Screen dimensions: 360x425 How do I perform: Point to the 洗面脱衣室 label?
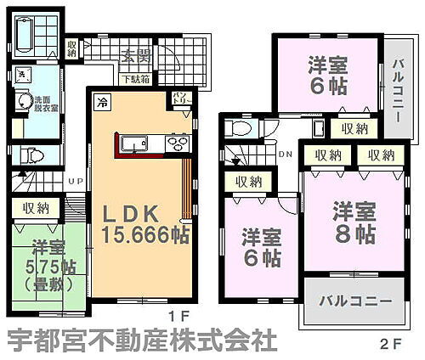pos(46,104)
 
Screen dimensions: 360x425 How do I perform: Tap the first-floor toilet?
pos(31,155)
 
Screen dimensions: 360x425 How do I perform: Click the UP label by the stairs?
pos(76,181)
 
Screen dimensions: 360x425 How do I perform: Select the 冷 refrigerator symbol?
pos(102,101)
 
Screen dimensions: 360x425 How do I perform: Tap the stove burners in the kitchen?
pos(176,142)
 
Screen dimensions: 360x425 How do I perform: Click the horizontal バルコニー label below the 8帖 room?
pos(354,301)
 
